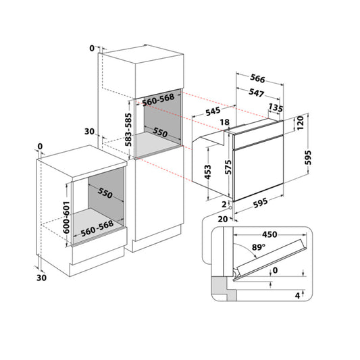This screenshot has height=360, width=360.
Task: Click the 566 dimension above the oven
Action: [x=257, y=78]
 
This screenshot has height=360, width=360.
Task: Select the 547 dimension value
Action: [x=256, y=93]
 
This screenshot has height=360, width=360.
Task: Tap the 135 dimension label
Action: [x=276, y=107]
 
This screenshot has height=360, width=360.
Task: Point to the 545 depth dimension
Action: [x=213, y=111]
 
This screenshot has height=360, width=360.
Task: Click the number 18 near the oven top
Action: [x=224, y=122]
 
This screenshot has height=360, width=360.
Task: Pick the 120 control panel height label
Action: [x=300, y=123]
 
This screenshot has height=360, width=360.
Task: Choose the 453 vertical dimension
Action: [x=207, y=172]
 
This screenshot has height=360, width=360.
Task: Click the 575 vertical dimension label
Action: [x=228, y=167]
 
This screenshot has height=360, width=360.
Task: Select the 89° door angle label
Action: [x=259, y=247]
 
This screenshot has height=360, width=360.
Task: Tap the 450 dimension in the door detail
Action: [x=269, y=234]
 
